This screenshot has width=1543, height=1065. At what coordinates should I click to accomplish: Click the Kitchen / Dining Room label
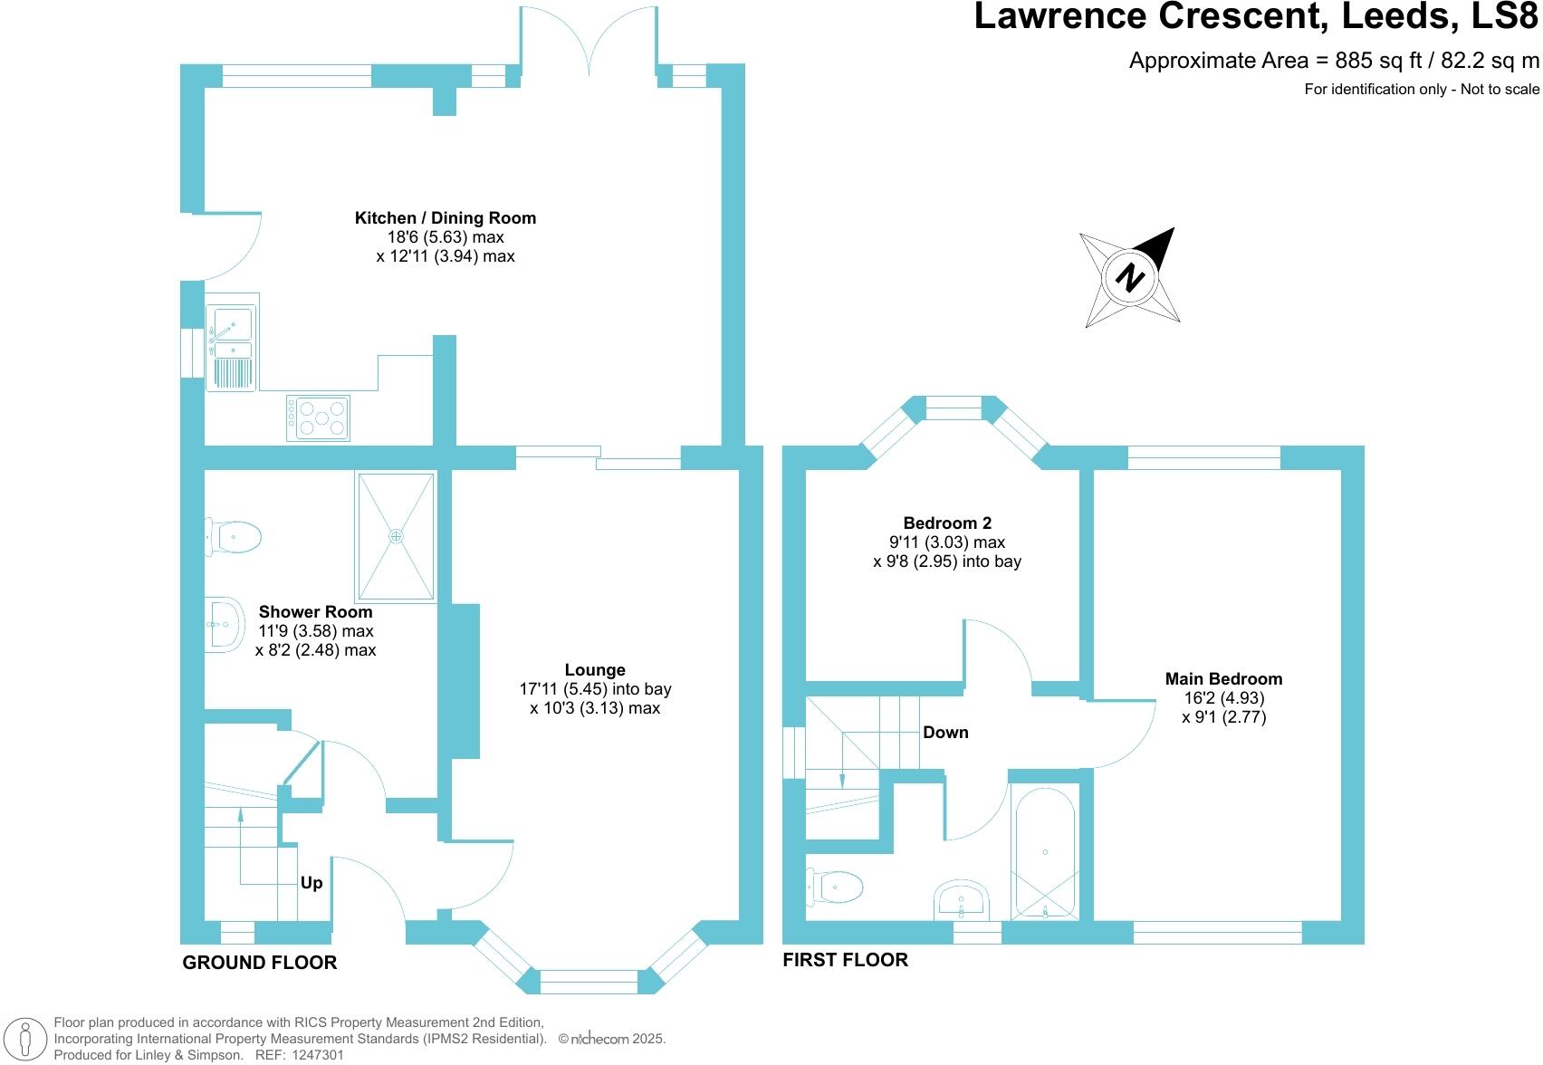[445, 218]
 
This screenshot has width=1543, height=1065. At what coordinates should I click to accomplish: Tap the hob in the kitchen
[319, 418]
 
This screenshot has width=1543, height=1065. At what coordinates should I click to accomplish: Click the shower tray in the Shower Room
[396, 536]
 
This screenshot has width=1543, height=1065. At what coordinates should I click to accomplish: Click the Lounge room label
[595, 670]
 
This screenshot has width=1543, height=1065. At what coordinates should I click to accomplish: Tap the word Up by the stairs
[311, 883]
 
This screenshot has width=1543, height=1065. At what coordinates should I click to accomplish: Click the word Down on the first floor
[945, 733]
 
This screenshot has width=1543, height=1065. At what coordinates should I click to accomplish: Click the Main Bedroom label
[1223, 679]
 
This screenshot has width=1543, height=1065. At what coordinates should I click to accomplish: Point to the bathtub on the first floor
[1045, 853]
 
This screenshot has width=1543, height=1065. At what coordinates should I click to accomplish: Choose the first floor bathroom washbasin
[962, 900]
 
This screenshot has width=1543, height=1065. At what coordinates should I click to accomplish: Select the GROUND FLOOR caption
[260, 964]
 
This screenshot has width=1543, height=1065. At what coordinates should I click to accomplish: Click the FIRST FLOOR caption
[845, 960]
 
